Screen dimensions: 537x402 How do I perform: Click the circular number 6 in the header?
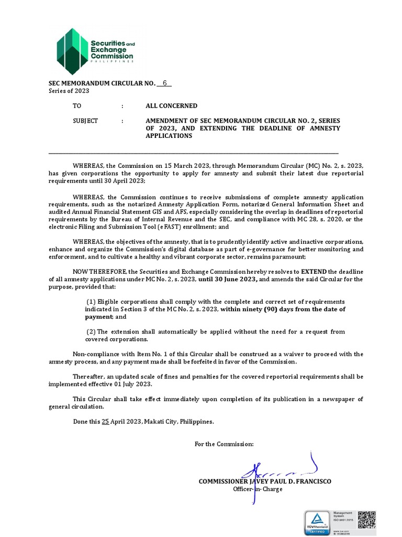(x=164, y=83)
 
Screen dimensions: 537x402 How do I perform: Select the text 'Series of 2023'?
(x=69, y=91)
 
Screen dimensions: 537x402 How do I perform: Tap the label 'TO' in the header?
(x=77, y=106)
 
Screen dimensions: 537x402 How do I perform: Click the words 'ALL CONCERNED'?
(x=171, y=106)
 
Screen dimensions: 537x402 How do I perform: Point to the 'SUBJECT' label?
(x=85, y=121)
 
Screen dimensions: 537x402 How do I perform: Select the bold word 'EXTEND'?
(x=314, y=272)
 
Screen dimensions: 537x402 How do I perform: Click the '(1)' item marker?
(x=91, y=302)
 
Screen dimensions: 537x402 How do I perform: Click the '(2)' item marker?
(x=91, y=332)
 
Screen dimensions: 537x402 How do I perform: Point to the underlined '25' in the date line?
(x=105, y=421)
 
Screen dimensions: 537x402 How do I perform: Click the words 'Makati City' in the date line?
(x=159, y=421)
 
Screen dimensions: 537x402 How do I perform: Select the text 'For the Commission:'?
(x=224, y=444)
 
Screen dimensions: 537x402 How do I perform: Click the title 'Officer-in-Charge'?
(x=258, y=489)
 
